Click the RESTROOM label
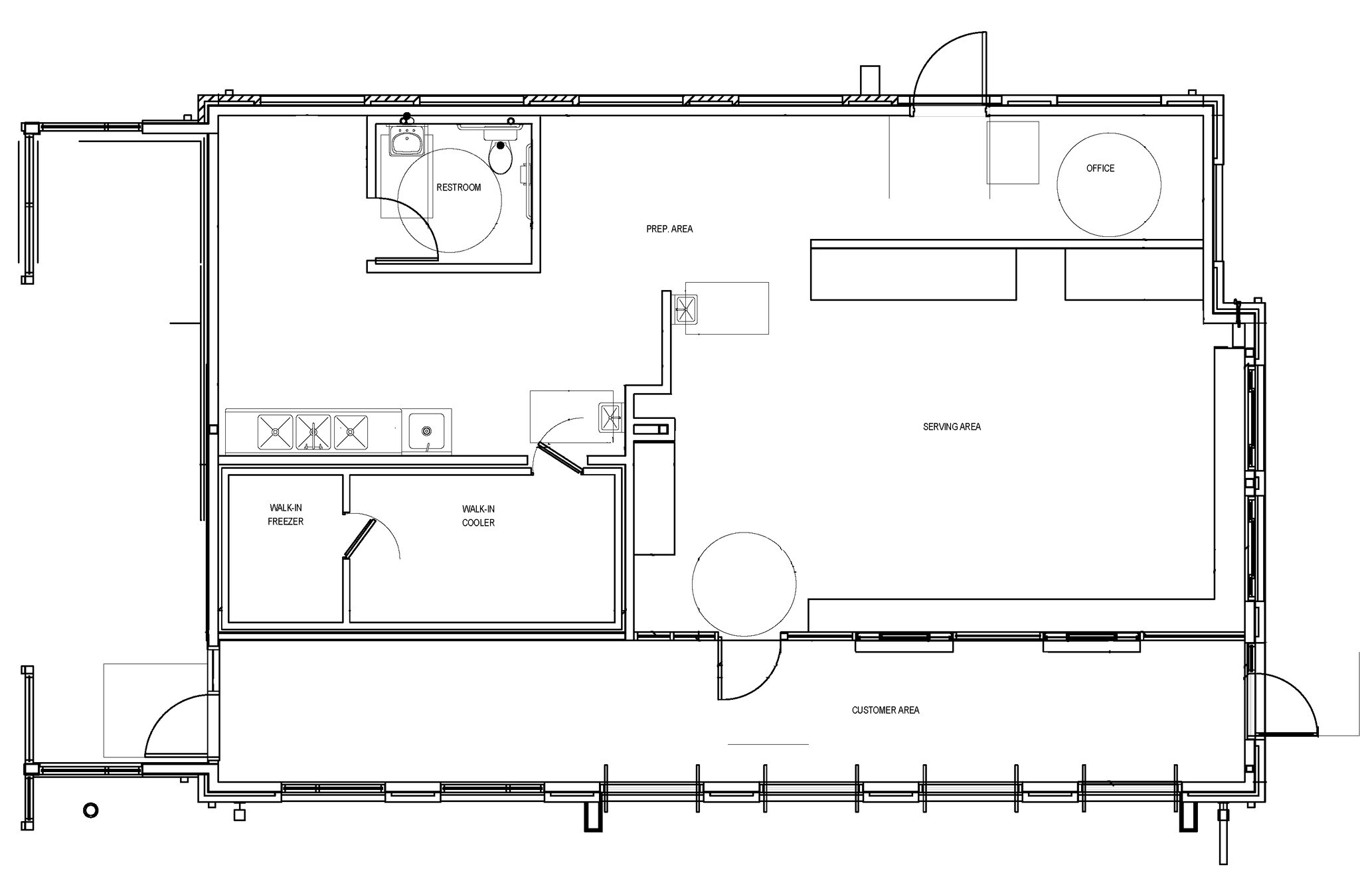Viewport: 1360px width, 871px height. tap(458, 187)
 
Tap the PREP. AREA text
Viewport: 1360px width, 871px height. tap(669, 229)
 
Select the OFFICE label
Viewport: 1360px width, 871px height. tap(1100, 169)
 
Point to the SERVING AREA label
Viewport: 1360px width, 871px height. tap(952, 427)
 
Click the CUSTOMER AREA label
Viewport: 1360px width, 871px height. tap(885, 710)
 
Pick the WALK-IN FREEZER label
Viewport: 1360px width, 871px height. tap(286, 515)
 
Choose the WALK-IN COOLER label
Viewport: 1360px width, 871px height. tap(478, 516)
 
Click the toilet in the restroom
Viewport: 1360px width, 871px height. tap(500, 154)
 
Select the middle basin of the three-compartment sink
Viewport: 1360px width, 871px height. tap(313, 431)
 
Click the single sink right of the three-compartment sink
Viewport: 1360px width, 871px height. tap(426, 430)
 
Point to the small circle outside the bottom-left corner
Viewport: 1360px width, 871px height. tap(90, 810)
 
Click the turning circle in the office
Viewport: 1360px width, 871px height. tap(1109, 185)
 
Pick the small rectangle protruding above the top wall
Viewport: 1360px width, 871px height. tap(869, 81)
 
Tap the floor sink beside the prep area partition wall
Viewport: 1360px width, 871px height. tap(686, 309)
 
